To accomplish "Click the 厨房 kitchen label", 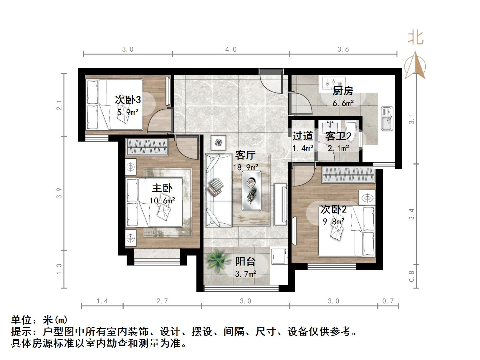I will point(343,91).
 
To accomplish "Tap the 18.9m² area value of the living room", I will point(246,167).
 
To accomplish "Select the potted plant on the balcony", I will point(218,260).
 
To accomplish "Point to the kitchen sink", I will point(387,119).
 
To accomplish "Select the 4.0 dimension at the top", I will point(231,49).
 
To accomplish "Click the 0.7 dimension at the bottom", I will point(388,301).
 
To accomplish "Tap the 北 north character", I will point(416,38).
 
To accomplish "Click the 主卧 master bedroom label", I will point(162,188).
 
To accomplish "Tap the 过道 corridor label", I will point(302,136).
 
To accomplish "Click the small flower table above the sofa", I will point(218,143).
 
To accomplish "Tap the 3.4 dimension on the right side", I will point(411,214).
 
